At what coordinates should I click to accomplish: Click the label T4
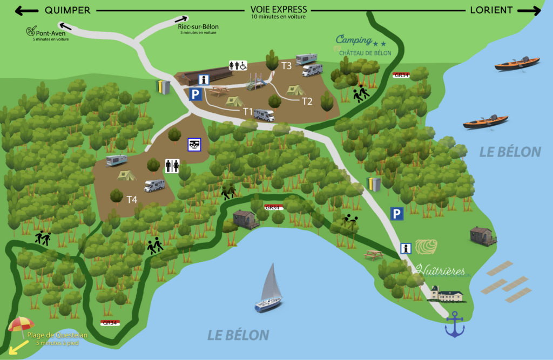pos(132,199)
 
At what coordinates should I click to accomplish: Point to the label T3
pos(286,66)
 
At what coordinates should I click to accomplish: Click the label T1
pos(248,111)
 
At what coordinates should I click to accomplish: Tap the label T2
pos(307,101)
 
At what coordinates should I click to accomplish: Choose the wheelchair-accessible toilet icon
pos(238,65)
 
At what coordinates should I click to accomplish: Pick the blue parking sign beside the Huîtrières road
pos(397,214)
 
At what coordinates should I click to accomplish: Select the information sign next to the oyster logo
pos(406,248)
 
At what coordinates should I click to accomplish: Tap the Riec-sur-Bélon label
pos(198,27)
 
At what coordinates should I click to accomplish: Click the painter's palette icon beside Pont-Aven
pos(30,32)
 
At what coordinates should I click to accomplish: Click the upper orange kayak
pos(517,63)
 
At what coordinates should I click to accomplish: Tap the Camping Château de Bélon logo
pos(361,45)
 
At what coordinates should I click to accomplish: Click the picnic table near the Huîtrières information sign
pos(374,254)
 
